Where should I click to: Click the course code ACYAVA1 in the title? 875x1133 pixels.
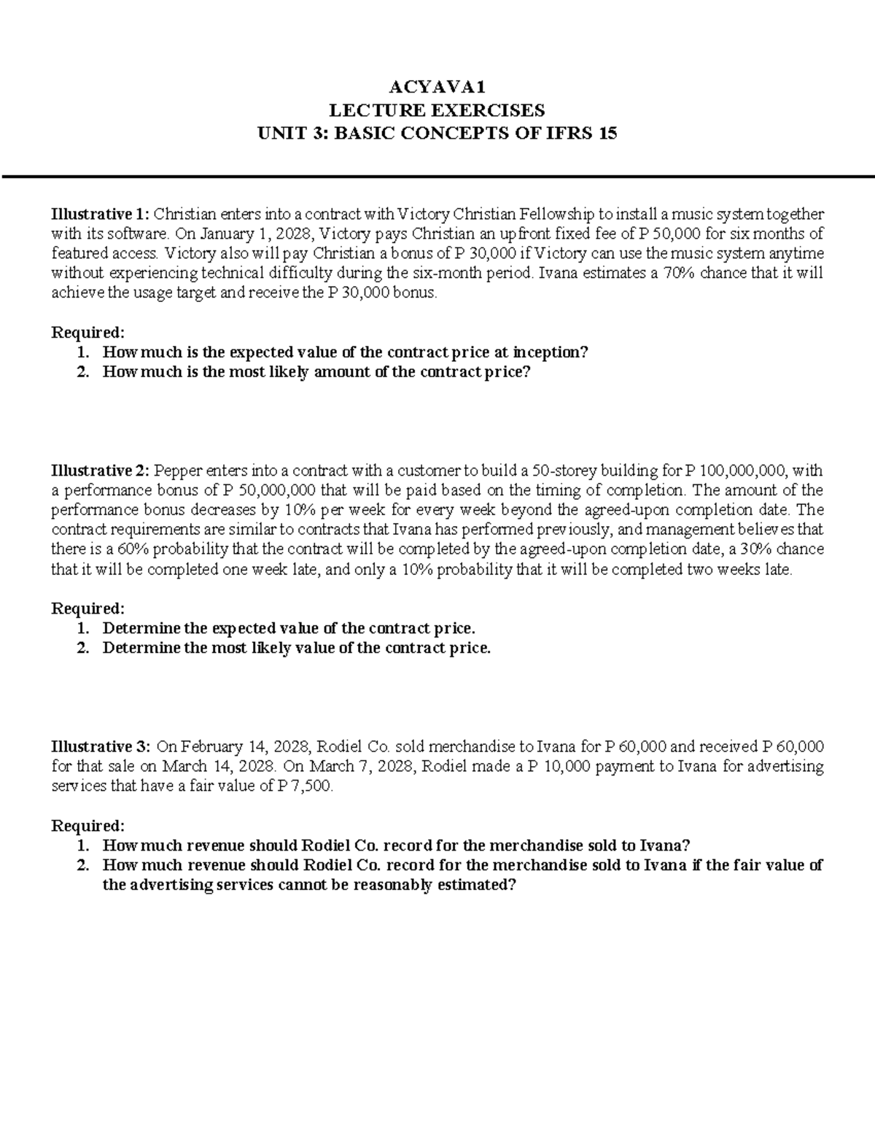click(437, 88)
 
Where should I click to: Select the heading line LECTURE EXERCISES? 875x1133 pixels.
click(437, 110)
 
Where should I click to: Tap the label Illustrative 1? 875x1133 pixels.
click(99, 214)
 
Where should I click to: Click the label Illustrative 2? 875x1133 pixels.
click(100, 471)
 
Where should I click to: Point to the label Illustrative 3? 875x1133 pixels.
click(100, 746)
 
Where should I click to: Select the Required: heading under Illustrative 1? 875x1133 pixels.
click(87, 333)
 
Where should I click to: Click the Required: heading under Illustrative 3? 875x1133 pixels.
click(87, 826)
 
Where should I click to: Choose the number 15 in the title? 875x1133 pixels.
click(607, 134)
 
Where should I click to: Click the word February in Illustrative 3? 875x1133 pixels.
click(215, 746)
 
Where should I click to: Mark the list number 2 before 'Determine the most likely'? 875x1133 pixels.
click(84, 648)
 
